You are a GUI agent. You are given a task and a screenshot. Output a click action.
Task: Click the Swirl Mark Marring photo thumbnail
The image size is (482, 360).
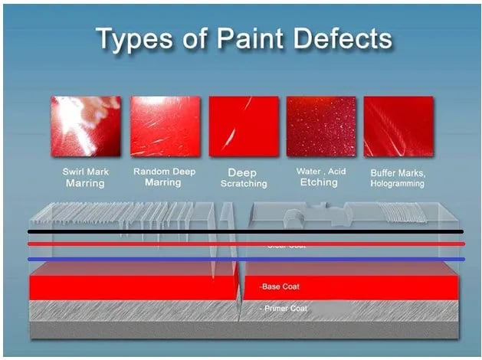click(86, 126)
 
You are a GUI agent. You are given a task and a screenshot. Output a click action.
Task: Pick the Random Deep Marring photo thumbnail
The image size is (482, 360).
click(165, 126)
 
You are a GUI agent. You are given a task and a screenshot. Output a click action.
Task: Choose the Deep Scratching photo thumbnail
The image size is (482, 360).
click(243, 126)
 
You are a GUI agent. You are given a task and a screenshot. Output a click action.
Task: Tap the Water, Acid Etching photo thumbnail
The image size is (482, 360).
click(321, 126)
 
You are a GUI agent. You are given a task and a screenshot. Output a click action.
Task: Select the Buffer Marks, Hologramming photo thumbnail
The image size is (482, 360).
click(399, 126)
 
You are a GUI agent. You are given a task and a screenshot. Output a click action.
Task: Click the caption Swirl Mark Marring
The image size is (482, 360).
click(85, 178)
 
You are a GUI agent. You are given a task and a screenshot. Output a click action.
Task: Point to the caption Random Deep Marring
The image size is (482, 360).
click(164, 178)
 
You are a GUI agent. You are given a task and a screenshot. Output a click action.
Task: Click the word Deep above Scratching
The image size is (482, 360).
click(243, 172)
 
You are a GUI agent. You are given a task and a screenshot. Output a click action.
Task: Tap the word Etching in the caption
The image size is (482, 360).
click(319, 183)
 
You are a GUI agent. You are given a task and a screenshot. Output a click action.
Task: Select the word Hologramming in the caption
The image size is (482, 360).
click(398, 184)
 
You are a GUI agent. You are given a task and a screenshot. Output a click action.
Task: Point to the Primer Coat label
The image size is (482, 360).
click(284, 309)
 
